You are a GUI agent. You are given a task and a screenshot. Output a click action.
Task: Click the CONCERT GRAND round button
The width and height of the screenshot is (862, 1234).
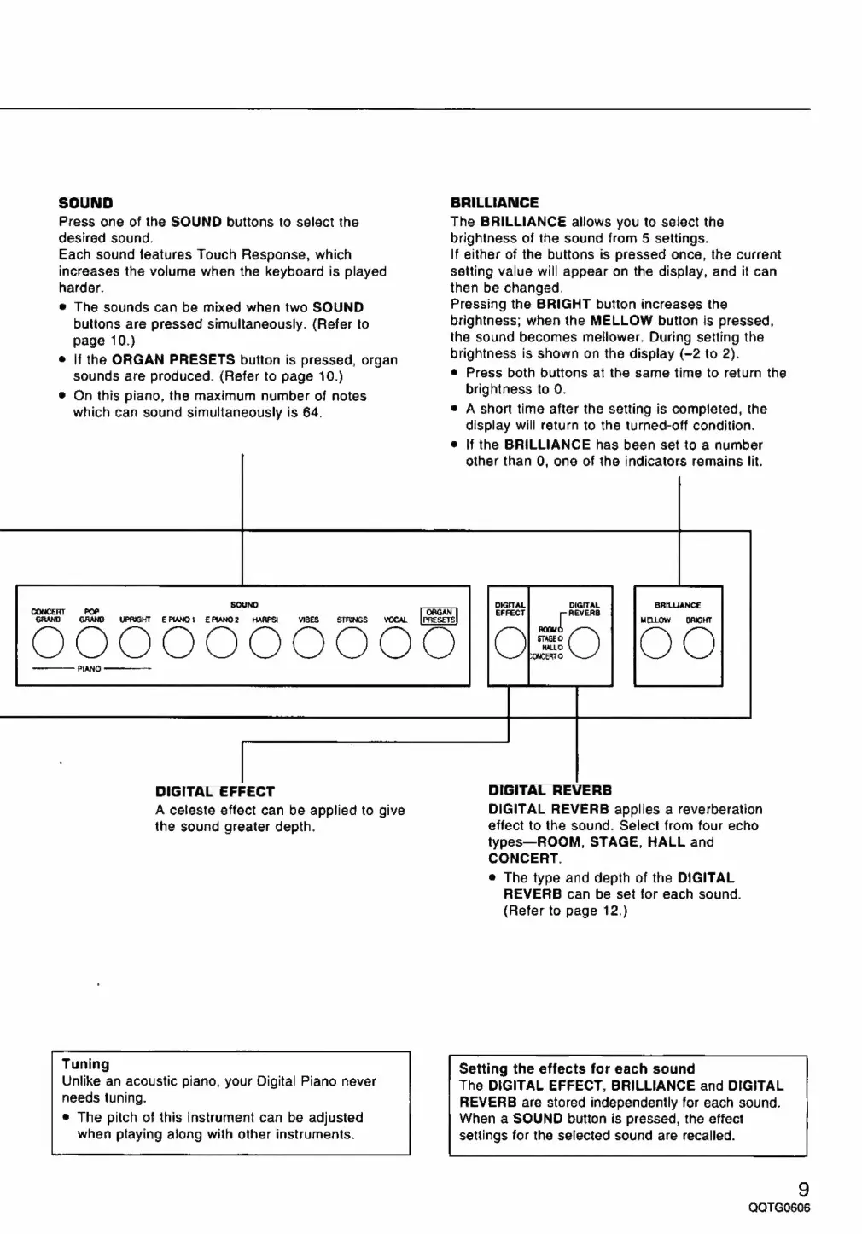[x=48, y=643]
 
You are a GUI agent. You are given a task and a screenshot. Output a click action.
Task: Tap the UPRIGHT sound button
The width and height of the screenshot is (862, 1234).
[x=135, y=643]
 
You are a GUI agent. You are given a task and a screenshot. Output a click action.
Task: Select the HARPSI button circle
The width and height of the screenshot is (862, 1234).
[x=265, y=643]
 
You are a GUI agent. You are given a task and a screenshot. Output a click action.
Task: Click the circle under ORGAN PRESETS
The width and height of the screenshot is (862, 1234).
[x=439, y=643]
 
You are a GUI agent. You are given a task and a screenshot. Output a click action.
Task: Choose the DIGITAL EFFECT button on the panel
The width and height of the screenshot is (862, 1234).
[x=510, y=643]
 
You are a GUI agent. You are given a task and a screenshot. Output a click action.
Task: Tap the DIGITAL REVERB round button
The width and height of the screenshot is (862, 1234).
[x=585, y=643]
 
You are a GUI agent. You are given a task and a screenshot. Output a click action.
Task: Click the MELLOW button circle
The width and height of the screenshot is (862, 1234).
[x=655, y=643]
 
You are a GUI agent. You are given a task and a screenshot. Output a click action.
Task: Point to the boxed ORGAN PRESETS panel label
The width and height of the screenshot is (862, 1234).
[x=440, y=615]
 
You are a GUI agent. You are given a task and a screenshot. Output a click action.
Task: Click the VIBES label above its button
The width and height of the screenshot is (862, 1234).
[x=308, y=620]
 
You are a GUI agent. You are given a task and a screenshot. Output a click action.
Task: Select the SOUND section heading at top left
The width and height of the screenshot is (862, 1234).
[x=85, y=203]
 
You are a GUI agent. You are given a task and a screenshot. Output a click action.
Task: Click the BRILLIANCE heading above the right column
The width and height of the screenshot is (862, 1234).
[x=494, y=203]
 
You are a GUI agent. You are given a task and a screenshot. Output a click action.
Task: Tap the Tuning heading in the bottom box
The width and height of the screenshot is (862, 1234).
[x=85, y=1064]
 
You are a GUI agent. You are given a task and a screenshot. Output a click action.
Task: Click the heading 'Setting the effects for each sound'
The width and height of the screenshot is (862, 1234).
[x=577, y=1068]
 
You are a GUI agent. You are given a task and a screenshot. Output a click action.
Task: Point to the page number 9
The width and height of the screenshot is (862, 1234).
[x=803, y=1189]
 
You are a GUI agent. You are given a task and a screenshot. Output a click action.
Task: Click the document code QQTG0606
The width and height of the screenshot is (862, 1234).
[x=778, y=1208]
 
